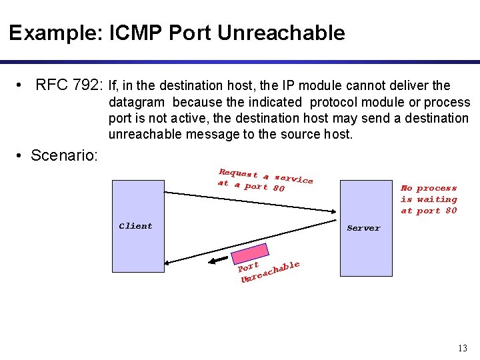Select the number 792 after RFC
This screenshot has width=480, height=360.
88,85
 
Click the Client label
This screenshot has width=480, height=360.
135,226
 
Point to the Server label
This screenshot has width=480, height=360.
363,228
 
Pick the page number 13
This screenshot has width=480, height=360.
463,348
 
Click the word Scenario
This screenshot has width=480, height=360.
64,156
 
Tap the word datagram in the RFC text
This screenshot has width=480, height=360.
137,102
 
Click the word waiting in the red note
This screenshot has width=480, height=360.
437,199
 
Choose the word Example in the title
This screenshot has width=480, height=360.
53,33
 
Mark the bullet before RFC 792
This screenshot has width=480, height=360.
23,85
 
